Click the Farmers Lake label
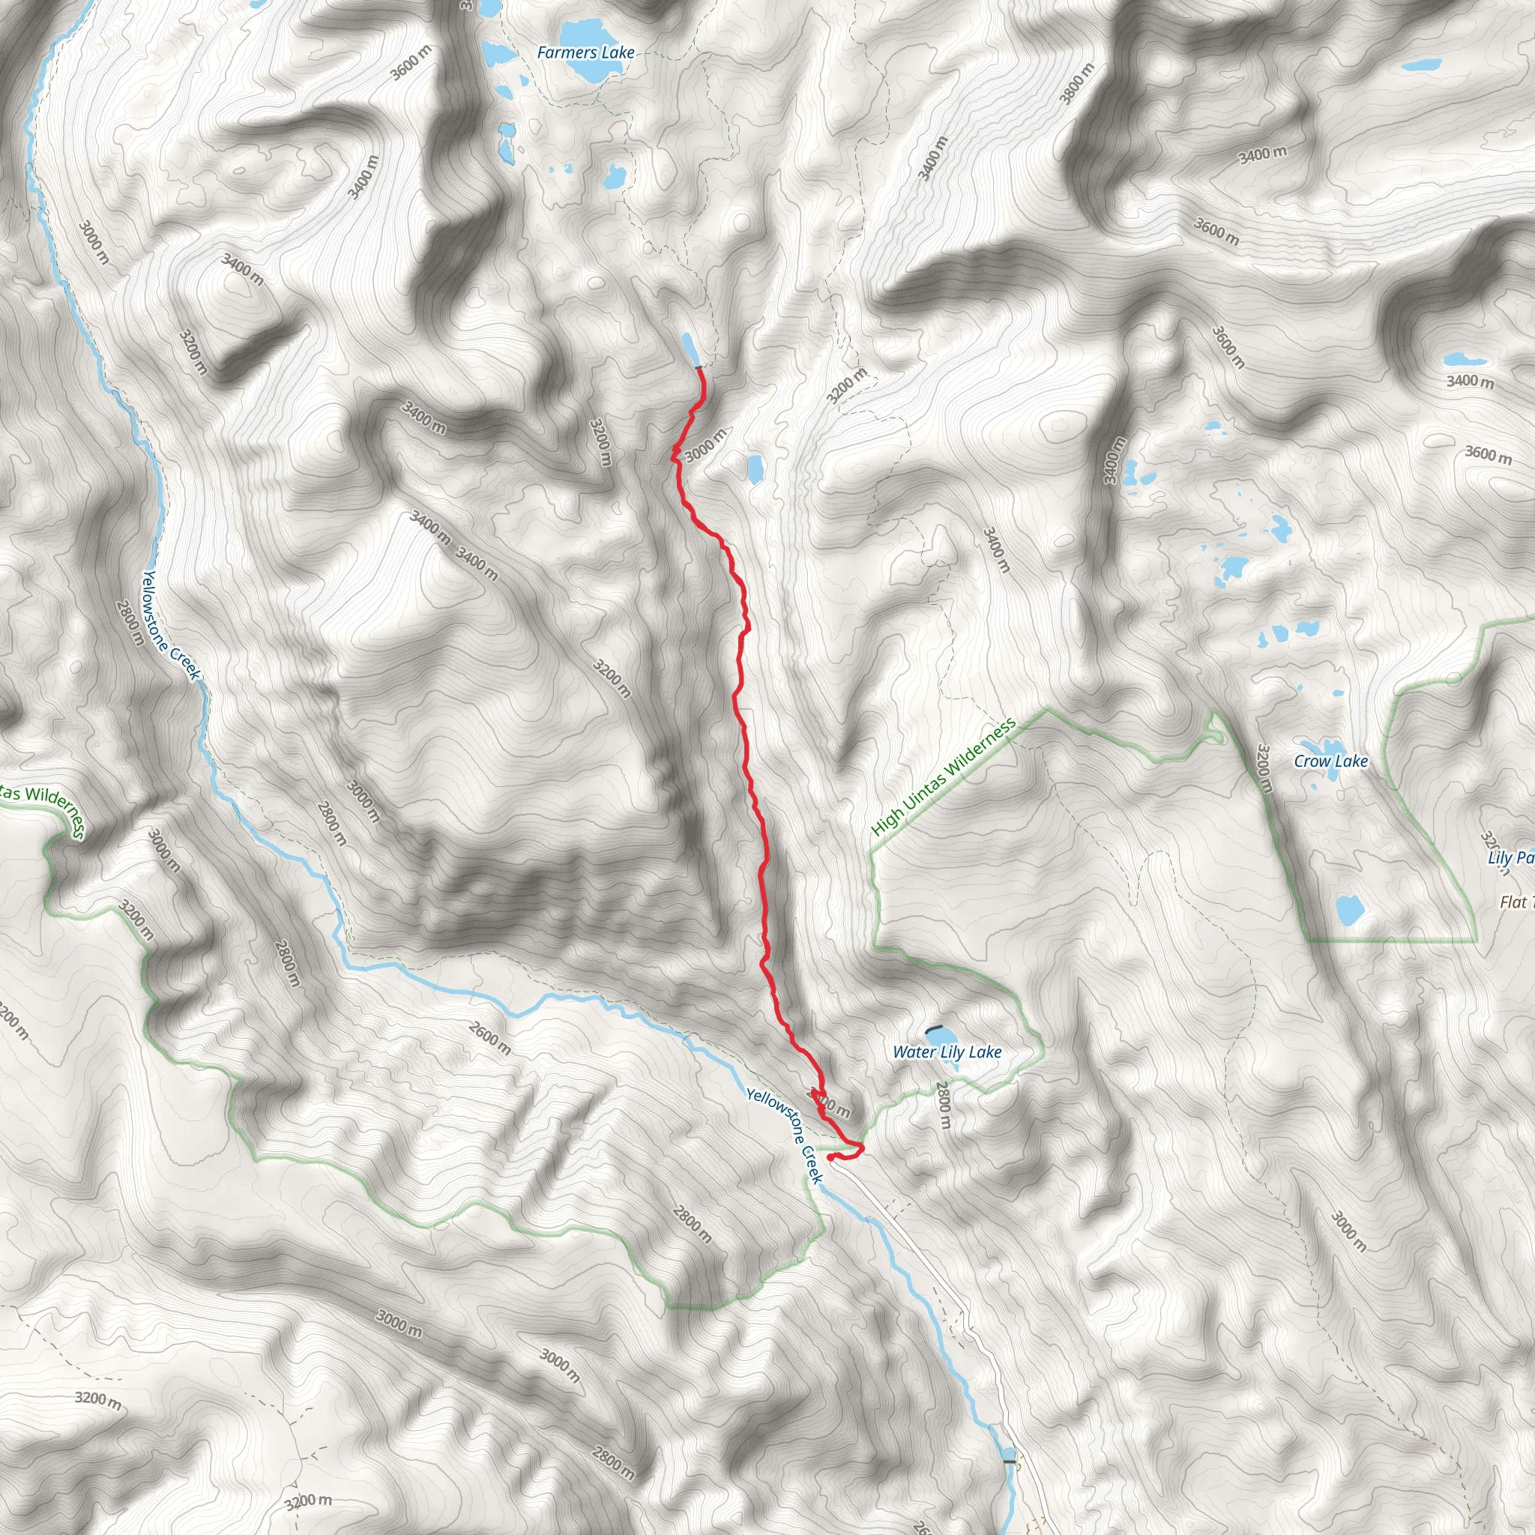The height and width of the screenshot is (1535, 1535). [x=585, y=52]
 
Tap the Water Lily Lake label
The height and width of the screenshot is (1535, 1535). [x=947, y=1052]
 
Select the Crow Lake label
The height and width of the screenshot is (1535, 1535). [x=1331, y=762]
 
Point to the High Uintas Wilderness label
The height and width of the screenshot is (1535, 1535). [x=943, y=776]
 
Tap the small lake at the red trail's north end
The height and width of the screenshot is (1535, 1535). [x=690, y=348]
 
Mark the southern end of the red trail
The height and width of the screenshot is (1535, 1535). [x=830, y=1157]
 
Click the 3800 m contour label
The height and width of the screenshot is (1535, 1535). [x=1077, y=82]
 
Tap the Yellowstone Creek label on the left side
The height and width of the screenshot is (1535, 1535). [x=170, y=624]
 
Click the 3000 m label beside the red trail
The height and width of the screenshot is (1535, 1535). [x=705, y=445]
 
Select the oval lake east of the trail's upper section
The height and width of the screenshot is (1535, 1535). [x=754, y=468]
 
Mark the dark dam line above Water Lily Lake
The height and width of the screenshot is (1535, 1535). [x=934, y=1028]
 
